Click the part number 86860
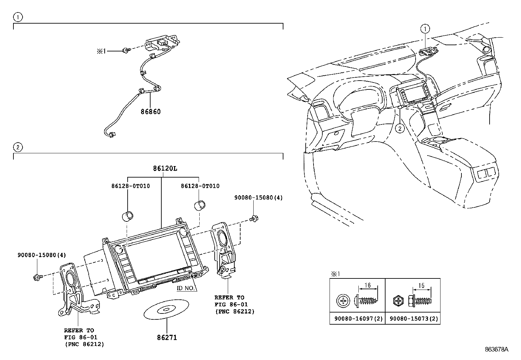pos(151,112)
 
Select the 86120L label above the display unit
pos(165,168)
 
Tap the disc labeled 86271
pos(166,309)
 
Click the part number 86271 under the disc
pos(167,338)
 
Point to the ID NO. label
pos(186,288)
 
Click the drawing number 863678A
pos(496,349)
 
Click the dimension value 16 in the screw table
pos(368,285)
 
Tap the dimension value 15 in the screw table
pos(421,286)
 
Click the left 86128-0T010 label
pos(131,186)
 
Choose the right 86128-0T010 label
pos(200,186)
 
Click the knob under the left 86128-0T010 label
pos(127,216)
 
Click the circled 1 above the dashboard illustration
pos(425,29)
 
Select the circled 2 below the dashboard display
pos(400,128)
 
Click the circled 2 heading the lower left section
pos(18,147)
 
